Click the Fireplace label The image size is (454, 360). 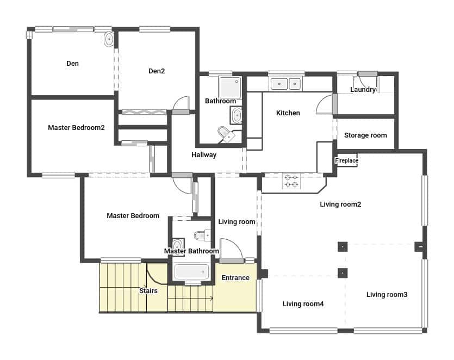pos(346,161)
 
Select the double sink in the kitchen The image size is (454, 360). pos(286,84)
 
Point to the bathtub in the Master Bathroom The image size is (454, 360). pos(190,271)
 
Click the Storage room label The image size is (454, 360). pos(365,135)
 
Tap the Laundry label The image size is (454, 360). pos(363,90)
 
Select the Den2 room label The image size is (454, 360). pos(157,71)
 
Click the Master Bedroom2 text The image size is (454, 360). pos(76,128)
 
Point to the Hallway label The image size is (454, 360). pos(204,155)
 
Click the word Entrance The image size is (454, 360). pos(235,278)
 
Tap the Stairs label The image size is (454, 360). pos(148,291)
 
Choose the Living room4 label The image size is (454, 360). pos(303,304)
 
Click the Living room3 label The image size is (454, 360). pos(387,295)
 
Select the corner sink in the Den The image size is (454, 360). pos(109,39)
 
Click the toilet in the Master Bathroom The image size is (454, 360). pos(200,235)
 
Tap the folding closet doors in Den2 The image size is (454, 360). pos(144,111)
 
